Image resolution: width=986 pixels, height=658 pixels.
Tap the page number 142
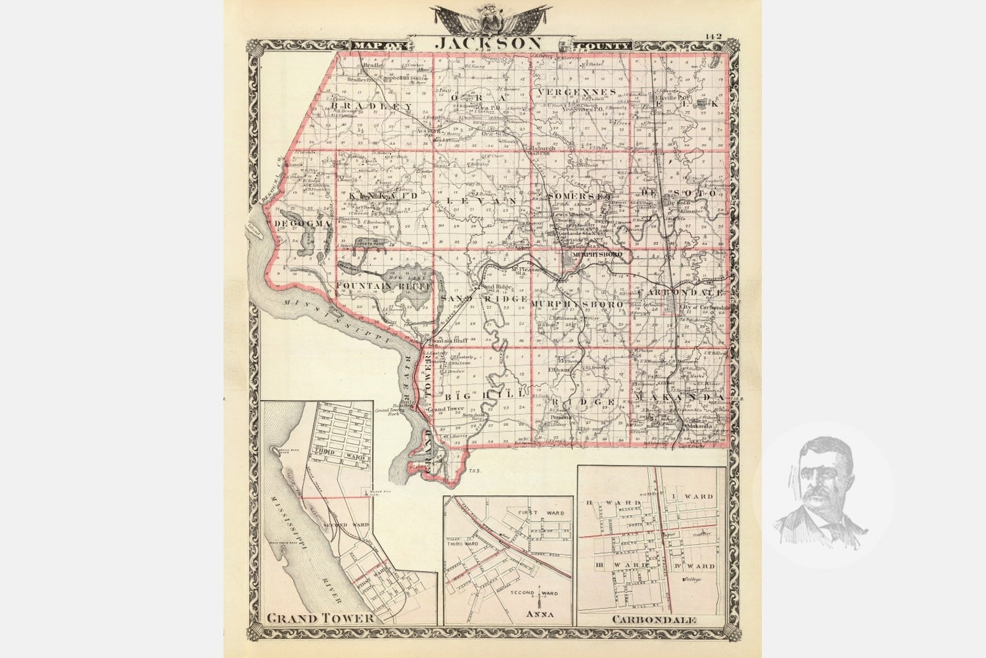[712, 37]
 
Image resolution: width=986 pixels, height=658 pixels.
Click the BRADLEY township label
[372, 107]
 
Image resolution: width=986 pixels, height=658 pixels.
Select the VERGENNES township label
[577, 92]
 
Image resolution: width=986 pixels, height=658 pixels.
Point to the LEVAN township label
[481, 202]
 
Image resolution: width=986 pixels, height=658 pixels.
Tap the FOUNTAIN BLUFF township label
[384, 285]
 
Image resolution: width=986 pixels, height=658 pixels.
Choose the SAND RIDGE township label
[484, 299]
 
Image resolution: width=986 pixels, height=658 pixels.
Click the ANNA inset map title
[539, 615]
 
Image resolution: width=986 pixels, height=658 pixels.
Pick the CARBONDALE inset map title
[654, 619]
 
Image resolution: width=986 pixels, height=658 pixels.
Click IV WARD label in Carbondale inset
[693, 566]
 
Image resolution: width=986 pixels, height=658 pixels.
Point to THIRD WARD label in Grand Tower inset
[335, 452]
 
